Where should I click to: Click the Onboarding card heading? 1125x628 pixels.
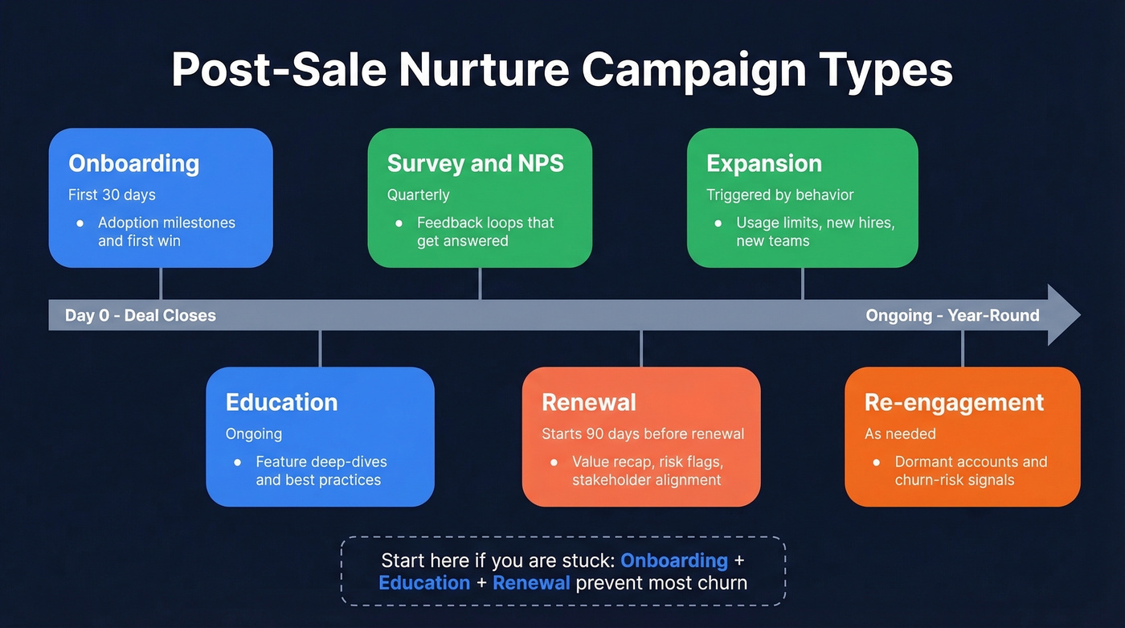(133, 163)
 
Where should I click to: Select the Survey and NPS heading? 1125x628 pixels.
(475, 163)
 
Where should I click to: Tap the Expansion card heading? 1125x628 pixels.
(763, 163)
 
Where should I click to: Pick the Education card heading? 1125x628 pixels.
(281, 402)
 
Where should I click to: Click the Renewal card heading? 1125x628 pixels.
(588, 402)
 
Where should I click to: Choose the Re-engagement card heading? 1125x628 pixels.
(954, 402)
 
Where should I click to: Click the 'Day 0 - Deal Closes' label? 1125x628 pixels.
(141, 315)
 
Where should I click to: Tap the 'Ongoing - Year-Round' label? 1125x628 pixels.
(952, 315)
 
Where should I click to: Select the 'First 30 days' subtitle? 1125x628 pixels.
(112, 195)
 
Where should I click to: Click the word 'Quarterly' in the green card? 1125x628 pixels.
(418, 195)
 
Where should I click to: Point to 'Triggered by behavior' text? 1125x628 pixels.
(779, 195)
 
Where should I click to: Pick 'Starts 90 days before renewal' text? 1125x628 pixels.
(643, 434)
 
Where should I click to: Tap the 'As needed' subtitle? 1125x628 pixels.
(900, 434)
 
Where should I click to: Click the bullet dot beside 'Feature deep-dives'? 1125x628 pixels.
(237, 462)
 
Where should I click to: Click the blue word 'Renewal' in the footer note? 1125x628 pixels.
(531, 582)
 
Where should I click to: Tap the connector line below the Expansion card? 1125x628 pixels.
(803, 283)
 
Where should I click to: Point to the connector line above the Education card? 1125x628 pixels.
(320, 348)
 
